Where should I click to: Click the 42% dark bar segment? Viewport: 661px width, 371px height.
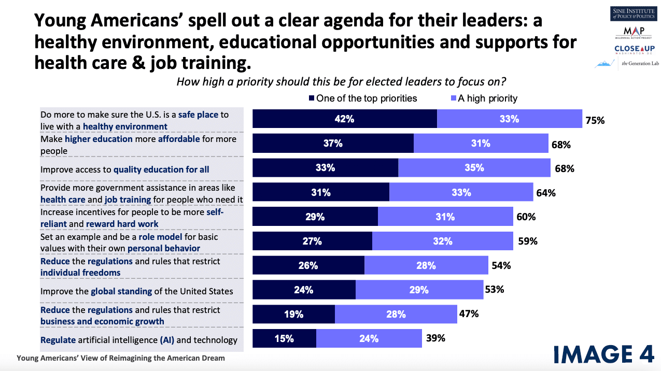point(344,119)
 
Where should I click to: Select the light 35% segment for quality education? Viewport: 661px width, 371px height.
point(474,168)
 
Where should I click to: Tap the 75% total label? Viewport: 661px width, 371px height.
point(595,120)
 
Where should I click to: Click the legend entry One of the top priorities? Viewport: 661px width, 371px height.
point(363,98)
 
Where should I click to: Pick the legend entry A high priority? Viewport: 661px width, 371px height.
point(484,98)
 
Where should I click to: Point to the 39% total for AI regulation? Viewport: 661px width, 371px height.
point(435,338)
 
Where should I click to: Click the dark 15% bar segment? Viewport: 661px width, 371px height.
point(284,339)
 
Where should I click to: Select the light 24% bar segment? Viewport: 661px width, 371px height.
point(369,339)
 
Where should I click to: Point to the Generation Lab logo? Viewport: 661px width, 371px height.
point(627,64)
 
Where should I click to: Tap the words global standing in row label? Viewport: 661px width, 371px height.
point(121,291)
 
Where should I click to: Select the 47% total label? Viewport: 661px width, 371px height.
point(469,313)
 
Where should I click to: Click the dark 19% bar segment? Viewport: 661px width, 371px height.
point(293,314)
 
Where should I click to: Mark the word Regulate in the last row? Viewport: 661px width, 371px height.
point(58,340)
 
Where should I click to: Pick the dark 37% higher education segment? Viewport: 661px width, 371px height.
point(333,144)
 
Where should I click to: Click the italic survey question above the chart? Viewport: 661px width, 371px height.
point(341,82)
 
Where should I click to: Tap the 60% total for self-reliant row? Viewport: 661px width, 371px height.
point(527,217)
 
